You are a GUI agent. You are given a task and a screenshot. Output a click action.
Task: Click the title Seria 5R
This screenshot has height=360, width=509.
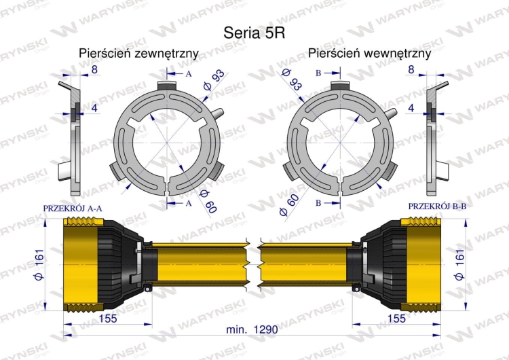(x=254, y=33)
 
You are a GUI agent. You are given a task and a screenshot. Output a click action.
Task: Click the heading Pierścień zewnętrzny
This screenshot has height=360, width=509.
(x=138, y=53)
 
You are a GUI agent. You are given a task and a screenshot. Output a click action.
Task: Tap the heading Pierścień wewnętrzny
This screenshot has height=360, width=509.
(x=369, y=53)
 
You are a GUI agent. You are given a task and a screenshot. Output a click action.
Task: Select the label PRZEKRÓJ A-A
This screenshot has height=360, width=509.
(x=73, y=209)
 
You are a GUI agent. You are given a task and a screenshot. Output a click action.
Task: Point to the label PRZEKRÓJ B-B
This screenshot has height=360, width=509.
(x=437, y=206)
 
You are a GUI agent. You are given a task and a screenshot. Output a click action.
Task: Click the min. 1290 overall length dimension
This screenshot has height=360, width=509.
(x=252, y=329)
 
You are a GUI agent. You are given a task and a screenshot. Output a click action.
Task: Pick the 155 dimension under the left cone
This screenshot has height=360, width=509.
(x=108, y=318)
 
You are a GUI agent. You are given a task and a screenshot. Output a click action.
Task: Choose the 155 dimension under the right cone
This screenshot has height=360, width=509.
(x=396, y=318)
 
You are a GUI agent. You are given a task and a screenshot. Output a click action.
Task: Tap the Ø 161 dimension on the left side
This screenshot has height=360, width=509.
(x=39, y=265)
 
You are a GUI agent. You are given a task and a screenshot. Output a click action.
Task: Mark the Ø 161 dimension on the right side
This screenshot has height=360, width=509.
(x=459, y=265)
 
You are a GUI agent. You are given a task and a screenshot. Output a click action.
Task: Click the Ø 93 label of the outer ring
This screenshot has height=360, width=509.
(x=213, y=80)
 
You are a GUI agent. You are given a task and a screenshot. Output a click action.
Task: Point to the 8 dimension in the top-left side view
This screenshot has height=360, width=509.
(x=94, y=69)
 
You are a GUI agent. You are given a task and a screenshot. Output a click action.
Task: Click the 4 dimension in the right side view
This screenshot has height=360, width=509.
(x=411, y=108)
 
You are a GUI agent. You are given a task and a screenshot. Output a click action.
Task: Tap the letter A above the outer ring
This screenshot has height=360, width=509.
(x=189, y=74)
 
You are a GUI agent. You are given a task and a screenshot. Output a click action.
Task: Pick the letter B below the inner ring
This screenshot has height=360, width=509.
(x=318, y=203)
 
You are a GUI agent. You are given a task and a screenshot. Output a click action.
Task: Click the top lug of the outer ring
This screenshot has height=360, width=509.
(x=167, y=86)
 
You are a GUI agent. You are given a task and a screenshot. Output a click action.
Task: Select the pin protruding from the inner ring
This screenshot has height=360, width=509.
(x=390, y=113)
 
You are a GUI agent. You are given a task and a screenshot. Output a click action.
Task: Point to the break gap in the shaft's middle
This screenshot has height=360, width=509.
(x=254, y=265)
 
